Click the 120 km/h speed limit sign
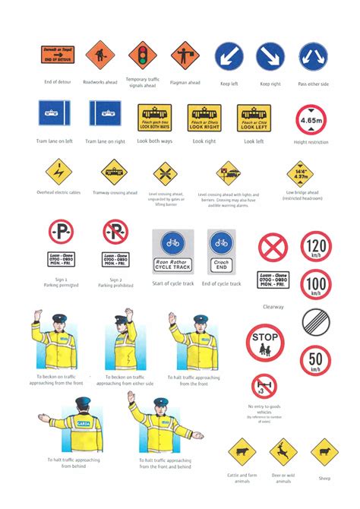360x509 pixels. [x=315, y=247]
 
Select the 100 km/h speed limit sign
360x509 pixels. [x=315, y=284]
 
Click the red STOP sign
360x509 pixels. [x=265, y=343]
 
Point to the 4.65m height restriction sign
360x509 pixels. [x=312, y=120]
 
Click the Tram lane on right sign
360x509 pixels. [x=105, y=115]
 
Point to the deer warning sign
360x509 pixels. [x=283, y=454]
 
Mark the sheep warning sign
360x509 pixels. [x=324, y=452]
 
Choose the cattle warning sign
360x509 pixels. [x=242, y=454]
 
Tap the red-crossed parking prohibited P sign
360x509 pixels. [x=115, y=232]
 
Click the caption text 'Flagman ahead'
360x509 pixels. [x=185, y=82]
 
